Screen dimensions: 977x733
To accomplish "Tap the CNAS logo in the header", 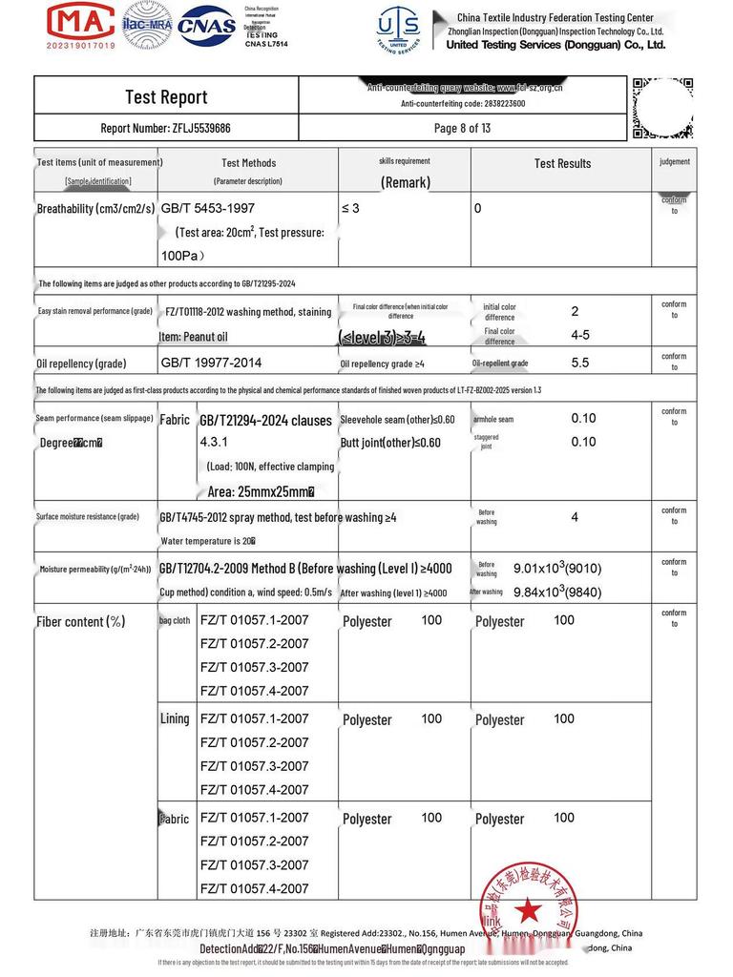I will point(206,25).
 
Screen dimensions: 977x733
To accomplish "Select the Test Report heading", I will point(166,96).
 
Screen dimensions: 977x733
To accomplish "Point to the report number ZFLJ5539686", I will point(166,128).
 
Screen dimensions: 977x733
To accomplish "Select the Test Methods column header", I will point(248,163).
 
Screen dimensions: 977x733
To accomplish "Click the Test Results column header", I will point(562,163).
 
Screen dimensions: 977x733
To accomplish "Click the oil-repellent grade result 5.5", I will point(580,364).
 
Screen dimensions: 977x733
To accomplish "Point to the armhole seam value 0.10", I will point(583,419).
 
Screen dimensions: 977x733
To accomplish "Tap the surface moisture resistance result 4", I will point(575,517).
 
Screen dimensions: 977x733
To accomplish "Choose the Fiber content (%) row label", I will point(80,622).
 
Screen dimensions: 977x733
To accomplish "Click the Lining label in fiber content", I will point(175,719).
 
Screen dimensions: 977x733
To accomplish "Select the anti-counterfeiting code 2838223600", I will point(463,103).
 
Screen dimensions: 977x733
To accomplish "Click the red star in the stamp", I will point(526,910).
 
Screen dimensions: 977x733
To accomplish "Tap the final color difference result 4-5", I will point(580,336).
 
